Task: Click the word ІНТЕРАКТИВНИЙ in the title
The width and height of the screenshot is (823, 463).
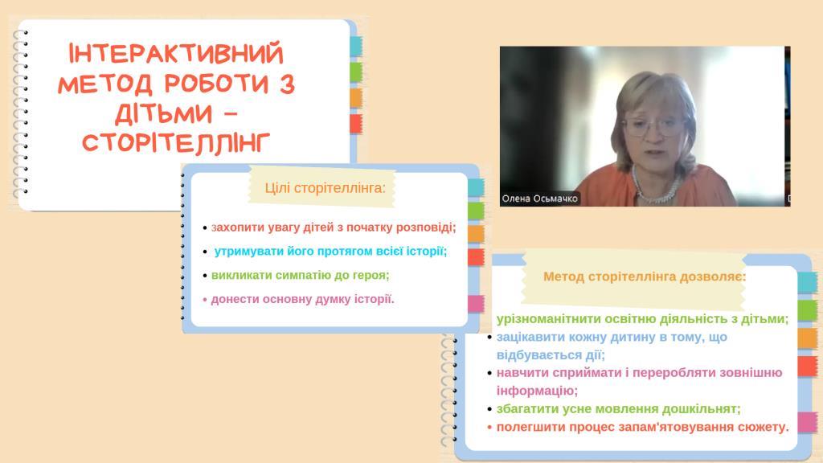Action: coord(176,54)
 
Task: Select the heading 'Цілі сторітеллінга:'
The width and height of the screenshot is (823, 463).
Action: coord(325,188)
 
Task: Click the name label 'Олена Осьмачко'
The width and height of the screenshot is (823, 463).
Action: coord(539,199)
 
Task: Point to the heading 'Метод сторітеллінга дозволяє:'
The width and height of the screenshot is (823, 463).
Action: coord(644,277)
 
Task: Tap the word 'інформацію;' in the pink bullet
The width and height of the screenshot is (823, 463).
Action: coord(537,391)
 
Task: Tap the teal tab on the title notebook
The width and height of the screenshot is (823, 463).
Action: coord(356,46)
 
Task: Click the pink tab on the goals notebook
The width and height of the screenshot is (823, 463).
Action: coord(476,303)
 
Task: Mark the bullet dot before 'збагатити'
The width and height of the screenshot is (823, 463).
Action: coord(489,409)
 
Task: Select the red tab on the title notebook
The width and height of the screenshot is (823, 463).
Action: coord(356,124)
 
